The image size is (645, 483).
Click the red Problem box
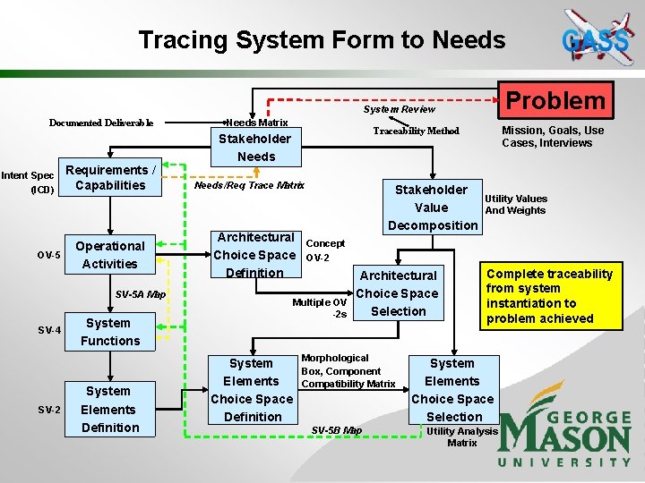click(557, 100)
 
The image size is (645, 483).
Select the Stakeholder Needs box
click(256, 148)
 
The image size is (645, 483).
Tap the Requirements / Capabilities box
click(111, 178)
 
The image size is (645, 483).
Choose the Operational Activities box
click(110, 255)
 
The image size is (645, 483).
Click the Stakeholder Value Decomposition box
click(432, 207)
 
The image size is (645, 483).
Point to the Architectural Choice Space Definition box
click(255, 255)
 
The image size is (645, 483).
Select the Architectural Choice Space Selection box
click(398, 293)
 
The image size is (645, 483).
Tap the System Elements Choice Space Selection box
click(452, 389)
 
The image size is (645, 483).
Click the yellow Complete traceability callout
click(550, 296)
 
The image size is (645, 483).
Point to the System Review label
click(399, 109)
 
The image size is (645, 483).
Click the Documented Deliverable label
click(101, 123)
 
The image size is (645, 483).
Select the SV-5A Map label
click(141, 294)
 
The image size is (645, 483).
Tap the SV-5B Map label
click(337, 430)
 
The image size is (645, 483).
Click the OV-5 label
click(48, 256)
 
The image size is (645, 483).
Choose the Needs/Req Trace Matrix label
click(250, 185)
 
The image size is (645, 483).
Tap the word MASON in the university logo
click(564, 438)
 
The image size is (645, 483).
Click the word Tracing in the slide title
click(185, 40)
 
